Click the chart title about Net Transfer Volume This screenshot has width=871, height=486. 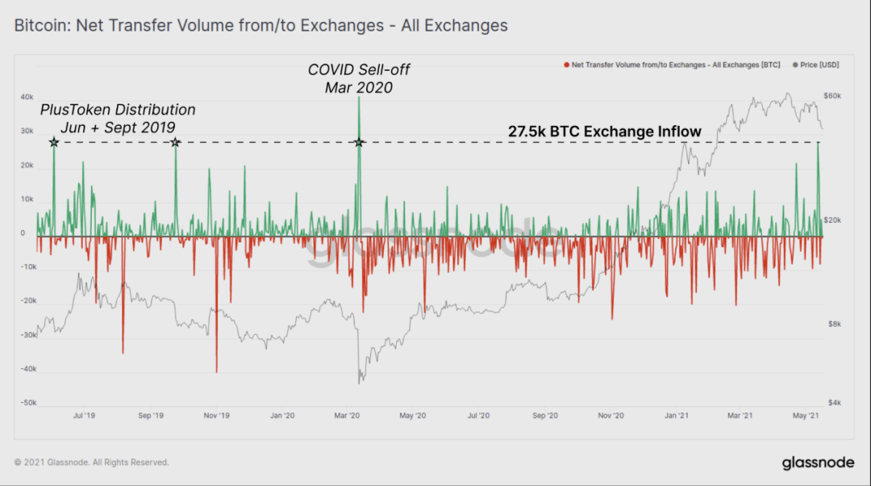pos(261,26)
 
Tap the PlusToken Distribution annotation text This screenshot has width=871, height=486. pos(118,118)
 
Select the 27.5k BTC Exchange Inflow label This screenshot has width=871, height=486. pos(604,131)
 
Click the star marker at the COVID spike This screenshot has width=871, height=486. pos(360,142)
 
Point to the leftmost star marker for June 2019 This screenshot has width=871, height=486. pos(54,142)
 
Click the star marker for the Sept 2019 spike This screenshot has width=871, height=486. pos(175,142)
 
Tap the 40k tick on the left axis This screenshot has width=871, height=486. pos(27,97)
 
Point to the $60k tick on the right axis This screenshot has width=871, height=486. pos(832,95)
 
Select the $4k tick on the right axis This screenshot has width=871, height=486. pos(832,403)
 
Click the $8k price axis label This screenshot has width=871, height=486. pos(832,324)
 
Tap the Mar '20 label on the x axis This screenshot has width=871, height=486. pos(348,416)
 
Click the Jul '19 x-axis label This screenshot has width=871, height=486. pos(85,416)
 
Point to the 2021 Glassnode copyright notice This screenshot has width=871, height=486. pos(92,463)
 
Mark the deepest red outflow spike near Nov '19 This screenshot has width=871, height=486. pos(216,370)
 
